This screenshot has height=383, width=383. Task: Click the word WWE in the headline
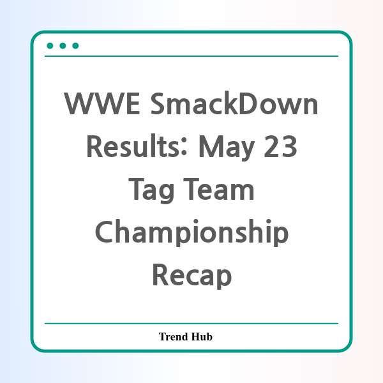pos(102,103)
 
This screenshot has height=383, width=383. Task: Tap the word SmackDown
pos(234,103)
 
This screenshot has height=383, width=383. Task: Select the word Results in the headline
pos(133,146)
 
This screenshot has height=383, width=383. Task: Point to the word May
pos(227,148)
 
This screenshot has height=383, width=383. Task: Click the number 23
pos(280,146)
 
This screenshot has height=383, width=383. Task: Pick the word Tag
pos(151,190)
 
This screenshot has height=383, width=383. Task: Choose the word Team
pos(219,189)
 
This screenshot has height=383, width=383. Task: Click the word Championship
pos(191,232)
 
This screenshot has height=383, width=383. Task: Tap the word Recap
pos(191,276)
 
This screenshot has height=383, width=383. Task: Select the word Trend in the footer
pos(174,336)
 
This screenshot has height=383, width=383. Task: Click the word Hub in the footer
pos(202,336)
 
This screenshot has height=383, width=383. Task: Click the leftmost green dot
pos(50,46)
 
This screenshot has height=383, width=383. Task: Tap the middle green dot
pos(63,46)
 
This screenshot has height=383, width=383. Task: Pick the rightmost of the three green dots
pos(75,46)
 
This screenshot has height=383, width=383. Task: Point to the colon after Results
pos(184,148)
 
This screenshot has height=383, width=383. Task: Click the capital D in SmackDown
pos(248,103)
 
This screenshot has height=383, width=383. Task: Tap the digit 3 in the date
pos(289,146)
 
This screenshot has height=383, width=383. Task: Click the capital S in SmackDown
pos(158,103)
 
